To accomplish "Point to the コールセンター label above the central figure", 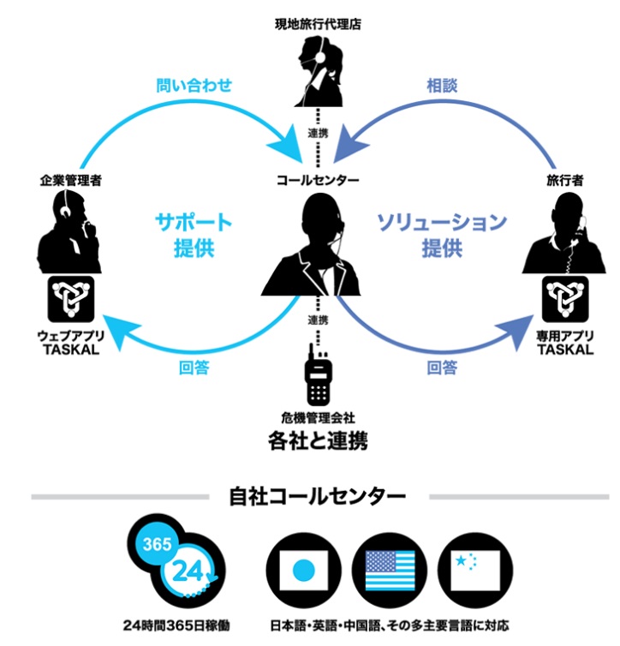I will (317, 181).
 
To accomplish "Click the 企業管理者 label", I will (70, 181).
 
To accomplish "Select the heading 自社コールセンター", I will (317, 496).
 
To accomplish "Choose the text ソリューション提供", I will (442, 236).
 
